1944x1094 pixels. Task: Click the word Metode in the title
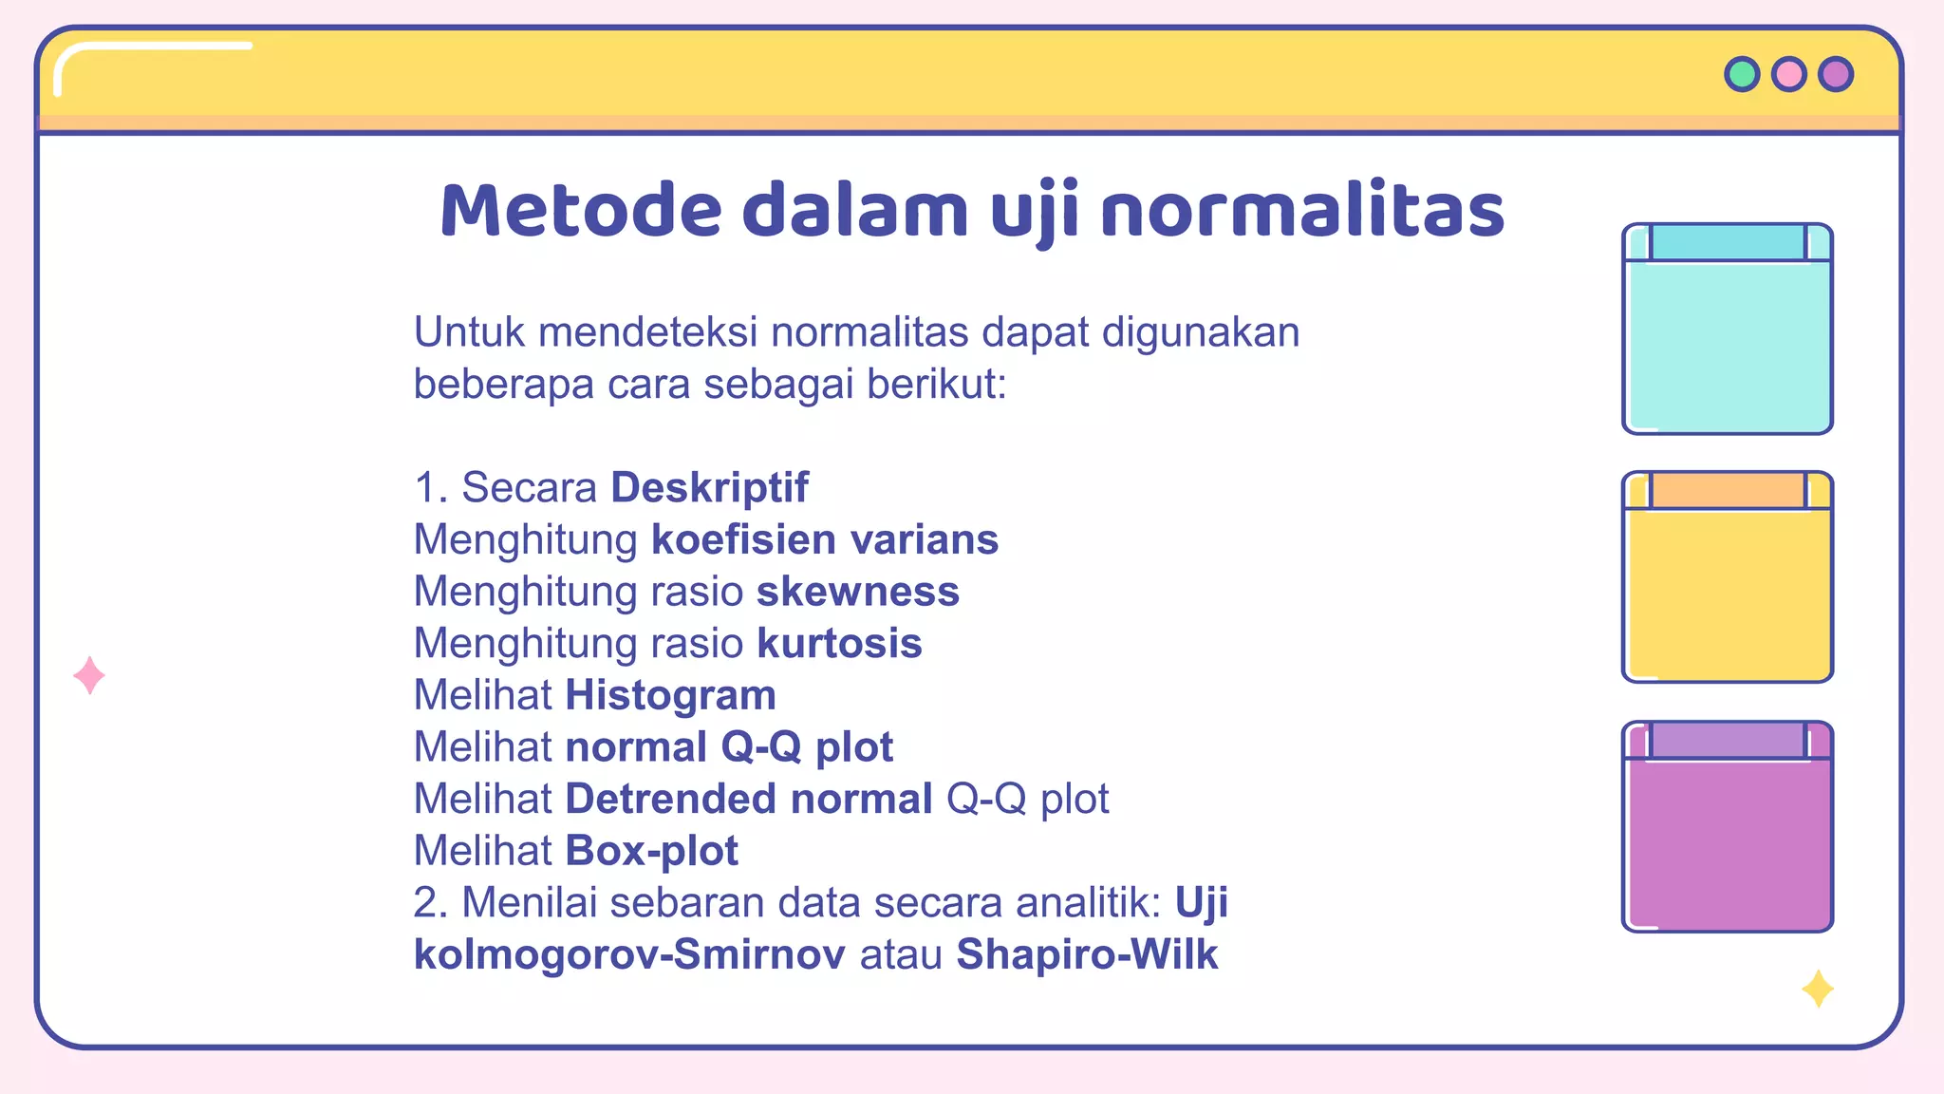(x=581, y=211)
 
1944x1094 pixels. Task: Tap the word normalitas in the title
(x=1302, y=211)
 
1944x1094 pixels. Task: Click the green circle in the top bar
(x=1742, y=74)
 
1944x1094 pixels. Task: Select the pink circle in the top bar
(x=1789, y=74)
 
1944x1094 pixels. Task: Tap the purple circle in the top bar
(x=1836, y=74)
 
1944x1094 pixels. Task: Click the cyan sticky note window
(x=1727, y=330)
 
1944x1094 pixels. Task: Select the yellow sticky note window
(x=1727, y=577)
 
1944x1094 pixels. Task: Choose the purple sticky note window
(x=1727, y=826)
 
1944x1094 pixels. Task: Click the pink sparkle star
(x=89, y=675)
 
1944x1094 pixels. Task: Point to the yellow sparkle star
(x=1818, y=989)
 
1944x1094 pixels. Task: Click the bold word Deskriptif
(x=709, y=488)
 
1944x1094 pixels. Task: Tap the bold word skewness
(x=858, y=592)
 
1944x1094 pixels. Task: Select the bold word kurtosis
(x=839, y=644)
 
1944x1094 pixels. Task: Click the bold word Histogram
(x=670, y=696)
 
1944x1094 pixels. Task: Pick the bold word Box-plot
(x=651, y=851)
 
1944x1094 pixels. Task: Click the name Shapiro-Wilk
(x=1087, y=954)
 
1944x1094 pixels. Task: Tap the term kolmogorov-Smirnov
(x=629, y=954)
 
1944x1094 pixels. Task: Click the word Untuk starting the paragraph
(x=469, y=332)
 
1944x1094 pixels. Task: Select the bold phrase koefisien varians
(x=824, y=540)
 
